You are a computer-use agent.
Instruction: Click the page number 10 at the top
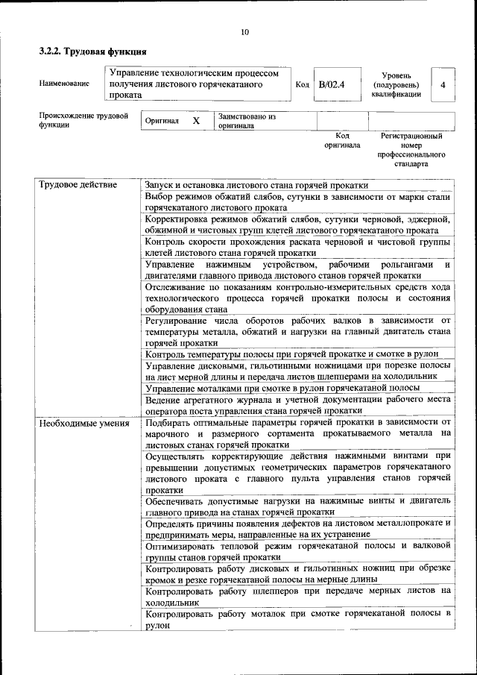[244, 32]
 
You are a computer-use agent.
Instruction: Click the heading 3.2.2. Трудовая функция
[92, 52]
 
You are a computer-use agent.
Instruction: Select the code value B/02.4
[332, 84]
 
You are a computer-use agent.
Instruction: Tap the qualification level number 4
[443, 85]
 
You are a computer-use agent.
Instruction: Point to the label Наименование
[63, 84]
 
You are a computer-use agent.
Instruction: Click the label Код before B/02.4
[302, 84]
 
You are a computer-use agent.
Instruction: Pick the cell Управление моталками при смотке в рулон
[282, 388]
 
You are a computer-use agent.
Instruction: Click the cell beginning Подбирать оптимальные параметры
[297, 433]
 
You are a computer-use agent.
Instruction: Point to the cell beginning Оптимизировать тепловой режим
[297, 551]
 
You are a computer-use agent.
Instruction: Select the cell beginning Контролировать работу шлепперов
[297, 595]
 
